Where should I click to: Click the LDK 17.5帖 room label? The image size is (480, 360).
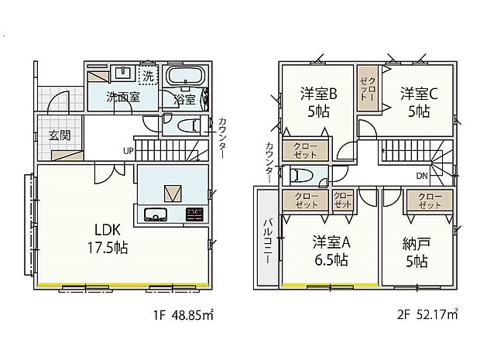click(111, 239)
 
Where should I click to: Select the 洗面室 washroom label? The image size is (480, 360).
click(122, 98)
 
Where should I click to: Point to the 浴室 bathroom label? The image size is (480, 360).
click(183, 99)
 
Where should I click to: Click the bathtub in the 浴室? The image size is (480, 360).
click(184, 77)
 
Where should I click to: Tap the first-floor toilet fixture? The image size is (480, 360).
click(189, 125)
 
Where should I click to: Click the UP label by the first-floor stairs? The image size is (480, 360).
click(128, 150)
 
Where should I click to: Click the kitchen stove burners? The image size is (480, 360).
click(193, 214)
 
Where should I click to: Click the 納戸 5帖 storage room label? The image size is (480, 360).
click(419, 249)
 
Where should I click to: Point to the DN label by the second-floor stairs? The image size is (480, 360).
click(422, 176)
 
